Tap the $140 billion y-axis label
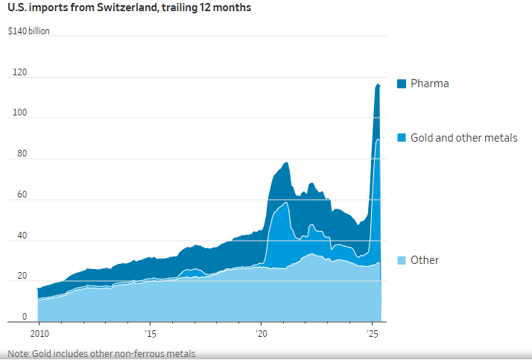coord(28,32)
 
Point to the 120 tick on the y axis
coord(19,73)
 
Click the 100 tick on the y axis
coord(19,113)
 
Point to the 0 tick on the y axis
coord(23,318)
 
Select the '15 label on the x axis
coord(150,333)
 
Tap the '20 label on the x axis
coord(261,333)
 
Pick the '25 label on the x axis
coord(372,333)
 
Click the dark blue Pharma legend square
coord(401,83)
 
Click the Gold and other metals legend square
coord(401,138)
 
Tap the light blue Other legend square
coord(401,260)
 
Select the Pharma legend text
coord(430,83)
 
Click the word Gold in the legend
coord(422,138)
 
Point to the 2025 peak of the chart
coord(378,84)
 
